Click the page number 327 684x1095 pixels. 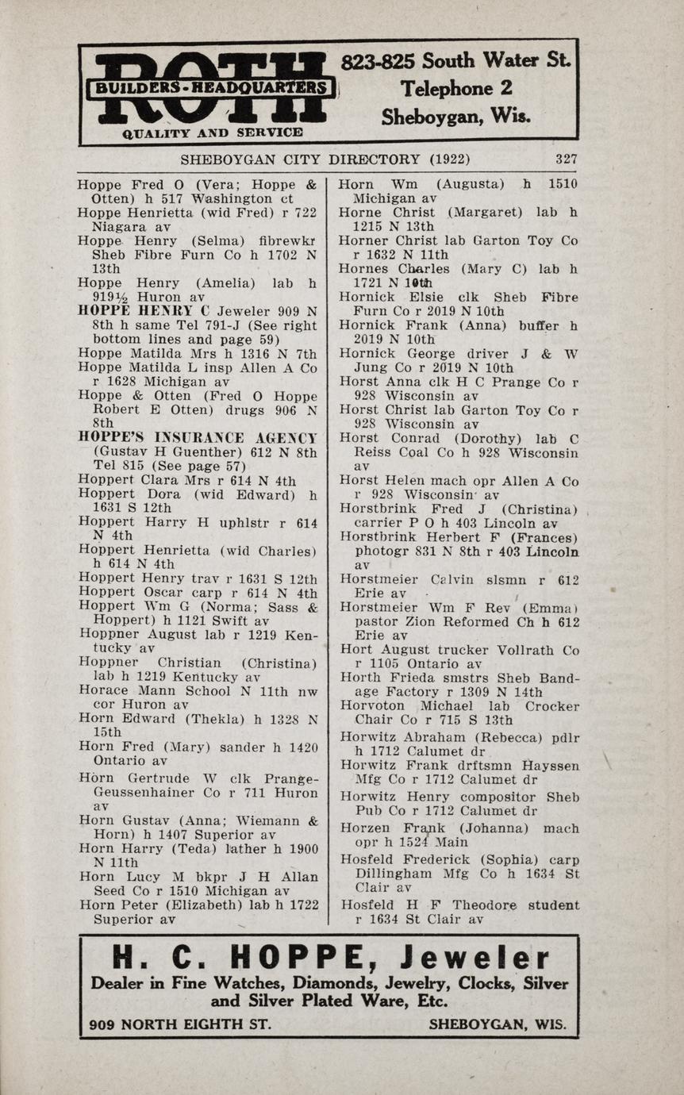[566, 159]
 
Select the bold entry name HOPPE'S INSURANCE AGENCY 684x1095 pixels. [198, 437]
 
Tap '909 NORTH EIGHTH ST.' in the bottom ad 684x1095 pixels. [181, 1024]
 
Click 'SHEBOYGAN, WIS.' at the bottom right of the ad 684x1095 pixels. [498, 1024]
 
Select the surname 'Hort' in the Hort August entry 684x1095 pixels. [354, 649]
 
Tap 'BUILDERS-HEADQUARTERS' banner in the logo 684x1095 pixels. [210, 87]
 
